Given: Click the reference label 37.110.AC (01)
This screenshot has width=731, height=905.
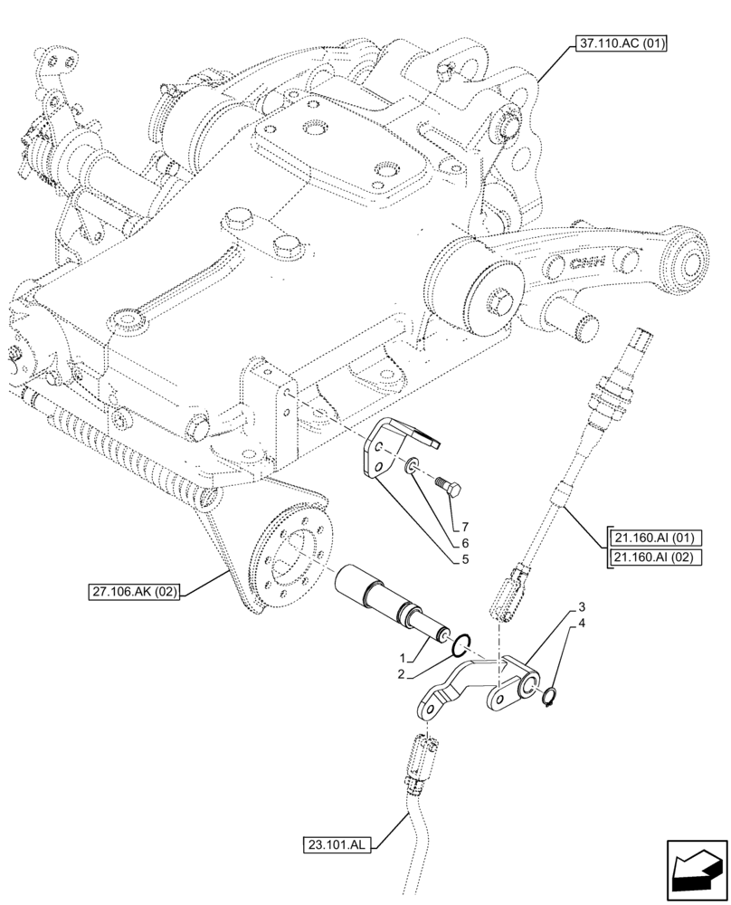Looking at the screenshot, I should (617, 43).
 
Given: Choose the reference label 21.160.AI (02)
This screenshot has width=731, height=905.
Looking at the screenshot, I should (652, 557).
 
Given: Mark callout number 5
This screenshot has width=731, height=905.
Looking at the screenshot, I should (465, 560).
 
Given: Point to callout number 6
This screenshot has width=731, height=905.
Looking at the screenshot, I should (465, 543).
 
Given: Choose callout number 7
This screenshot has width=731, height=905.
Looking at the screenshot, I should (465, 527).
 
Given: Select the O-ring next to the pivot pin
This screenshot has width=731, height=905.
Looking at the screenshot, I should (460, 643).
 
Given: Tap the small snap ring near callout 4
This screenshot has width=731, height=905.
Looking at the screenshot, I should (549, 696).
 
